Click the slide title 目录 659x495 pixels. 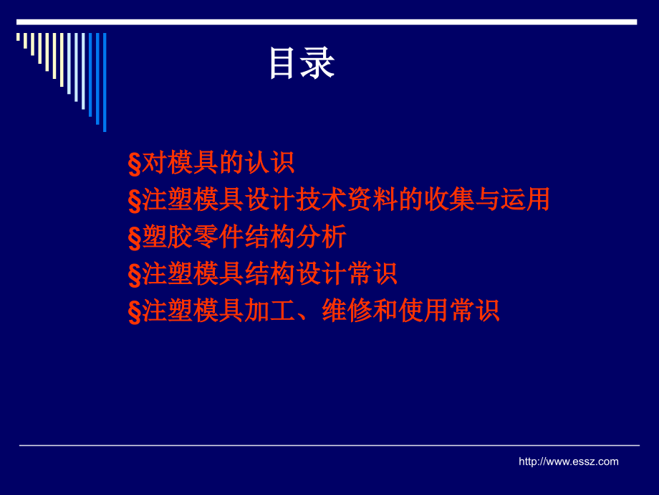(x=302, y=63)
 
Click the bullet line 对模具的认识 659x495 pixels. (x=211, y=162)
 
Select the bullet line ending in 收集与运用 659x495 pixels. (x=339, y=199)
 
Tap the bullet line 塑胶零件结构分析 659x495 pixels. (x=237, y=237)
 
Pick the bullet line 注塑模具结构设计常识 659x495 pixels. (x=263, y=273)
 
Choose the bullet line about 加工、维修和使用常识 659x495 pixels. (x=314, y=311)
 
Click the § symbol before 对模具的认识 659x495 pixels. (x=135, y=164)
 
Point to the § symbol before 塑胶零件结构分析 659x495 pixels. (x=135, y=238)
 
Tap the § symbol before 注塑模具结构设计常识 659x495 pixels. (x=135, y=275)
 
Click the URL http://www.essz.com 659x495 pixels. (x=568, y=461)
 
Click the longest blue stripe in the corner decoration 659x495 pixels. (x=105, y=82)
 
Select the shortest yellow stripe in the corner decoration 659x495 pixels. (x=18, y=37)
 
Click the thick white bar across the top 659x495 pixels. (x=327, y=22)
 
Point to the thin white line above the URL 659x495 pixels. (x=329, y=445)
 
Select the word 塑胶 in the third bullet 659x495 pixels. (x=168, y=237)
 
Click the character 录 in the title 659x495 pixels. (x=318, y=63)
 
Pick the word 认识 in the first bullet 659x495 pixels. (x=269, y=162)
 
